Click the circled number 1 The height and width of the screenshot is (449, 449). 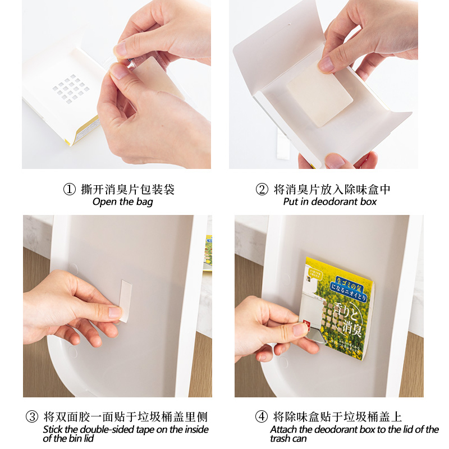click(x=69, y=190)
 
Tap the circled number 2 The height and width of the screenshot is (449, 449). click(x=262, y=190)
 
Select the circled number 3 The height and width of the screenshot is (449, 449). click(x=32, y=417)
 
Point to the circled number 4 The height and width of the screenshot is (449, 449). click(x=262, y=417)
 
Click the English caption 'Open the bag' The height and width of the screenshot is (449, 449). click(x=122, y=202)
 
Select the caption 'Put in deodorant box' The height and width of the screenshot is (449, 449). click(x=329, y=202)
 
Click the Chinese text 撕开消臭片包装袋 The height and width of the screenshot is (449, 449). click(x=128, y=190)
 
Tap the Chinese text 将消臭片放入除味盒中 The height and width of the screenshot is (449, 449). click(x=332, y=190)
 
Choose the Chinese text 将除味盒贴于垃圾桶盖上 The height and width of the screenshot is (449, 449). click(x=337, y=417)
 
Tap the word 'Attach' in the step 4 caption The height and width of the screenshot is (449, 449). click(x=283, y=429)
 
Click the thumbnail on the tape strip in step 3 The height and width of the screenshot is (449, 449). click(x=114, y=311)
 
